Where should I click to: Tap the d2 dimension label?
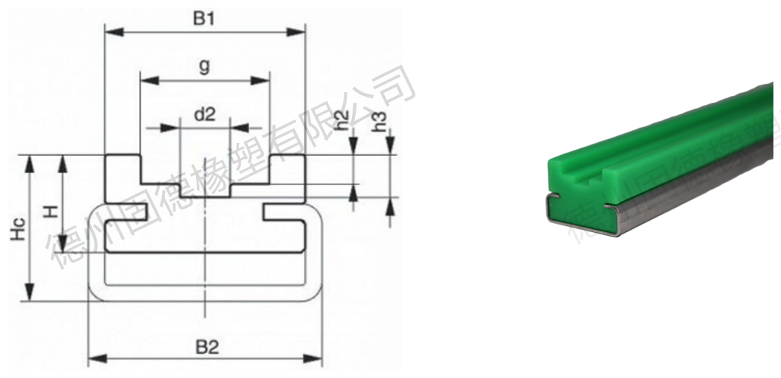coord(205,114)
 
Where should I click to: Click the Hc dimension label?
coord(17,228)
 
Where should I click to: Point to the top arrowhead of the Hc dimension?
coord(30,161)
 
